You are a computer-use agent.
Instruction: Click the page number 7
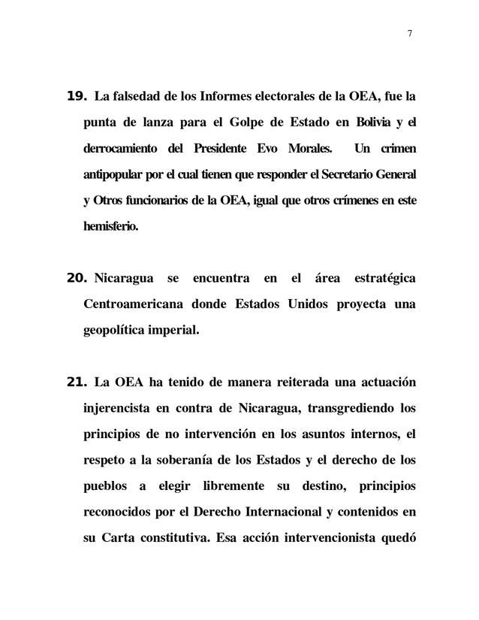(x=410, y=32)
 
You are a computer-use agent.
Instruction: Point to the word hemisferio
(x=111, y=226)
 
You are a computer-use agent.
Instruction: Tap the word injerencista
(x=118, y=408)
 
